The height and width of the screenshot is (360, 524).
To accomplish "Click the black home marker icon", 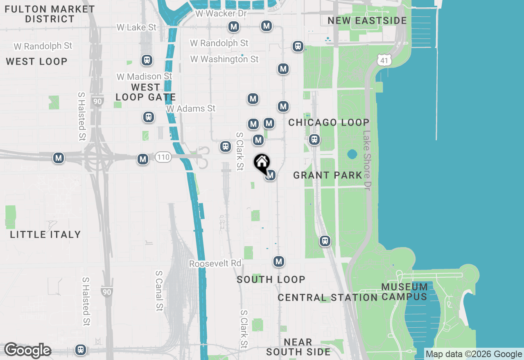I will click(262, 163).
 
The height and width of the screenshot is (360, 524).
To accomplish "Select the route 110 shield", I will click(163, 157).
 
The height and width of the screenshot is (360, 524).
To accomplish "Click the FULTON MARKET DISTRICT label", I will click(50, 14).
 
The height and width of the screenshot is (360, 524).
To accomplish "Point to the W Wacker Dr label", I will click(221, 13).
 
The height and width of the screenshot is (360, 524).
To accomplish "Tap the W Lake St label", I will click(136, 27).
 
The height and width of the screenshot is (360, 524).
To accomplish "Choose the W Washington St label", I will click(224, 59).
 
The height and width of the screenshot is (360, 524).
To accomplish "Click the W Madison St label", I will click(144, 76).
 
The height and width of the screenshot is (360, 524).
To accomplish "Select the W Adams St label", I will click(191, 108).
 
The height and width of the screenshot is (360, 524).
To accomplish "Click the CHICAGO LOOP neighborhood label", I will click(329, 122).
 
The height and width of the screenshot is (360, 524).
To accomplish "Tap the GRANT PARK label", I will click(328, 175).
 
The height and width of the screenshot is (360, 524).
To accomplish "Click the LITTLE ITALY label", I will click(45, 234).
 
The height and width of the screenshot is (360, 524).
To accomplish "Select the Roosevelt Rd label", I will click(215, 263).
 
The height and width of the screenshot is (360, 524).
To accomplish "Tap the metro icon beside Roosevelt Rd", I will click(279, 261).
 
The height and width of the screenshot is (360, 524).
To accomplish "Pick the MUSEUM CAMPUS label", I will click(404, 292).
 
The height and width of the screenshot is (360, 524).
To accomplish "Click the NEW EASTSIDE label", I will click(367, 20).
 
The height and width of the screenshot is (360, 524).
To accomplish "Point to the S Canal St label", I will click(159, 290).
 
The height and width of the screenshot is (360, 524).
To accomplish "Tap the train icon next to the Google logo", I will click(81, 350).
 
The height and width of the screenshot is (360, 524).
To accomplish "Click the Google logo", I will click(27, 351).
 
